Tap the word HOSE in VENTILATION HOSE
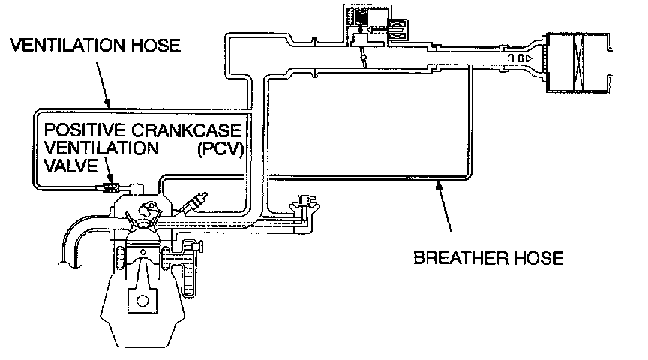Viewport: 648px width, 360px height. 154,46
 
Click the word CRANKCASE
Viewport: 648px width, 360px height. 195,131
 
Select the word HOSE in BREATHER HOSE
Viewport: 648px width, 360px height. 534,259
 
